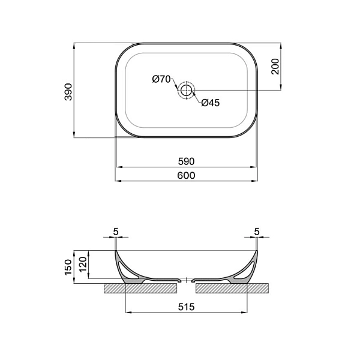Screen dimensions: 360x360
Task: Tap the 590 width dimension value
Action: click(x=187, y=161)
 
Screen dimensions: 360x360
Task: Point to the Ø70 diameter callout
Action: click(x=161, y=79)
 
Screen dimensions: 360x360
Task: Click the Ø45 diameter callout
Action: click(x=210, y=103)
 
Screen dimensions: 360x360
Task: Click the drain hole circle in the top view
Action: click(x=187, y=91)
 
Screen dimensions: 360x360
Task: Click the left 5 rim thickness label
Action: click(x=115, y=231)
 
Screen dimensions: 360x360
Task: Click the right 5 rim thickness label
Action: click(x=257, y=231)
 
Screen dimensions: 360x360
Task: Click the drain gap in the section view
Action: click(x=187, y=280)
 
